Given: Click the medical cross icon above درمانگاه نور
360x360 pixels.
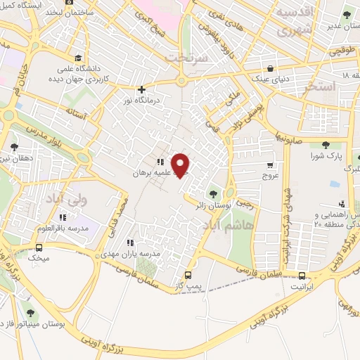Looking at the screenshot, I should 142,89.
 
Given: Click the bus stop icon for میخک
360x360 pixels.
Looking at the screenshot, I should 39,247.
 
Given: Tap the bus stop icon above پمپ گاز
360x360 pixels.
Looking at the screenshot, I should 188,275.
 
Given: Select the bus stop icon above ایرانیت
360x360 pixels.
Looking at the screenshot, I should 302,276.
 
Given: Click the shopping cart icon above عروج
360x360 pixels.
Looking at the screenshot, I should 271,165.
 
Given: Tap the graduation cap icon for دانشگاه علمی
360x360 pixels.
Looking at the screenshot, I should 78,58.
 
